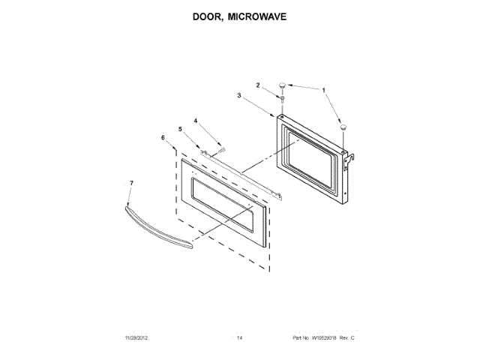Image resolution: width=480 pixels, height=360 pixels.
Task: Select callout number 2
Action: pyautogui.click(x=259, y=86)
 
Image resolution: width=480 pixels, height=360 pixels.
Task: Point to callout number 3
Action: pyautogui.click(x=239, y=96)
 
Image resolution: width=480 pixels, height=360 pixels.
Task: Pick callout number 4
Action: pyautogui.click(x=196, y=120)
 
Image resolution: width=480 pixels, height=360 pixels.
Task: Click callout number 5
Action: pyautogui.click(x=180, y=129)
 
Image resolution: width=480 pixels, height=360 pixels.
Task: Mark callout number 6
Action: pyautogui.click(x=163, y=138)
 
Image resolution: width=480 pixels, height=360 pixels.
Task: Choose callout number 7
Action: pyautogui.click(x=132, y=182)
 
